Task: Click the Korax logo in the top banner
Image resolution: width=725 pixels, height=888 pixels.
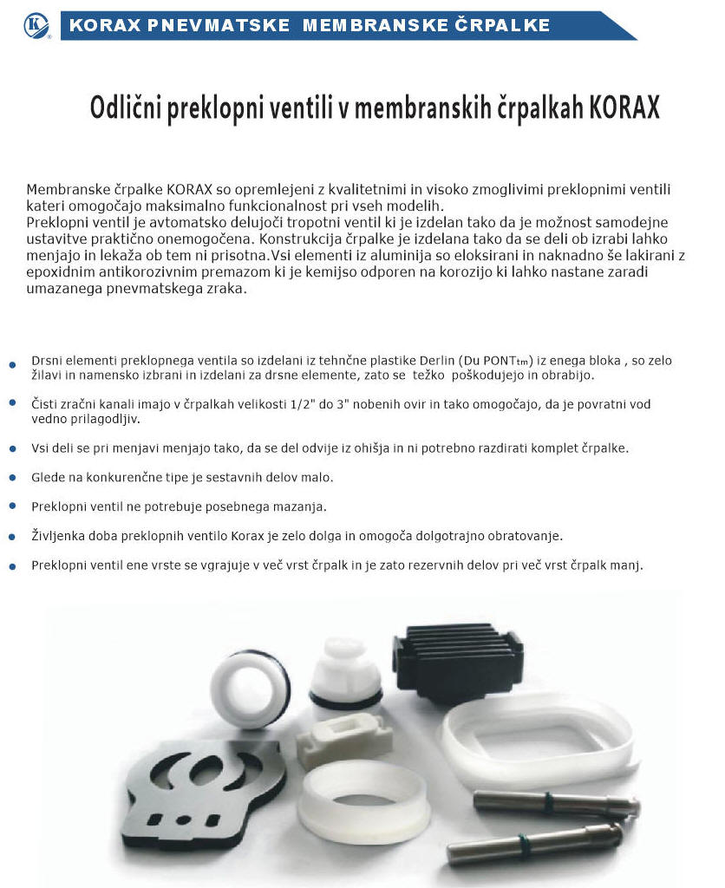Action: (x=36, y=26)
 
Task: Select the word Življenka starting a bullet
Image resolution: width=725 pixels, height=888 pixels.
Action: (x=59, y=536)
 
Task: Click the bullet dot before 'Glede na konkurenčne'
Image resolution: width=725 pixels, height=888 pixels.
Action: (x=12, y=479)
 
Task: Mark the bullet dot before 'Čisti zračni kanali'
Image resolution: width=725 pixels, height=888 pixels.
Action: (x=12, y=404)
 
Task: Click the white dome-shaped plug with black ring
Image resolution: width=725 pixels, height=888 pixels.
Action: (x=346, y=672)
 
